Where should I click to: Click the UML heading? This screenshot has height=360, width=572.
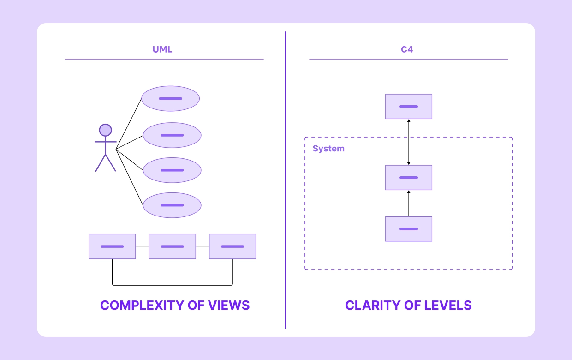click(162, 49)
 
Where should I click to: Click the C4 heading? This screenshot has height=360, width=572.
click(407, 49)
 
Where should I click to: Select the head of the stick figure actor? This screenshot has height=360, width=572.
click(106, 130)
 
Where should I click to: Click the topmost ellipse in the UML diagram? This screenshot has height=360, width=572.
click(170, 98)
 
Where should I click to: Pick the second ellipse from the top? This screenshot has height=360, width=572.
click(172, 135)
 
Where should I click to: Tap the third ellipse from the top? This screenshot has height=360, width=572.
click(172, 170)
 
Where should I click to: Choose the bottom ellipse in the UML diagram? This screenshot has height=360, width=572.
click(172, 205)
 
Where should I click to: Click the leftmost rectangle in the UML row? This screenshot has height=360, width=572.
click(112, 246)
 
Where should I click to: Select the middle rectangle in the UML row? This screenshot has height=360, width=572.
click(172, 246)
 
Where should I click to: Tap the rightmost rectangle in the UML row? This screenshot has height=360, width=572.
click(232, 246)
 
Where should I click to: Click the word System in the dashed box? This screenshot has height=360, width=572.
click(328, 149)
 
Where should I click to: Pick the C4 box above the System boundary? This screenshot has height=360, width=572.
click(409, 107)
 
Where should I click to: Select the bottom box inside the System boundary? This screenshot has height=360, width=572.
click(409, 229)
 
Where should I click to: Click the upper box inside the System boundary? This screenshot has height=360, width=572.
click(409, 178)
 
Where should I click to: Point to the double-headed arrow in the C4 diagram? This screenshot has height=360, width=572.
click(409, 142)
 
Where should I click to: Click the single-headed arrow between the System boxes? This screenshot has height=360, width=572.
click(409, 203)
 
